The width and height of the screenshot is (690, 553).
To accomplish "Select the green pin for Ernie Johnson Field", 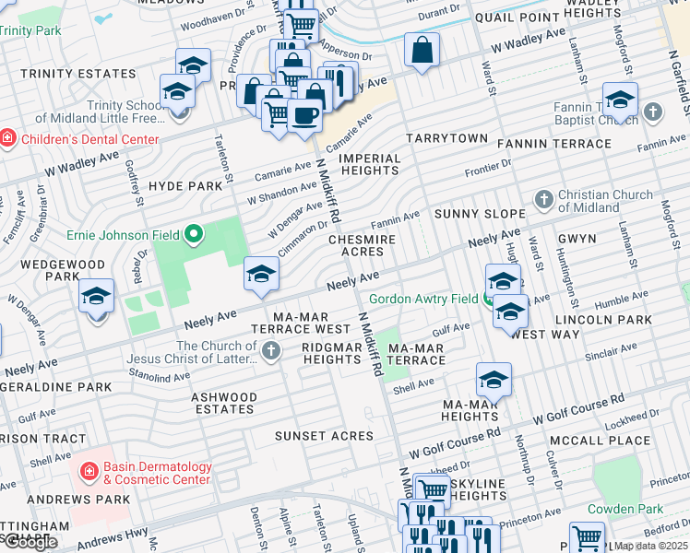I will tap(193, 235).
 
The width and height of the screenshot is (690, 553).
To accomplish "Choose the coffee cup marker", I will tap(303, 115).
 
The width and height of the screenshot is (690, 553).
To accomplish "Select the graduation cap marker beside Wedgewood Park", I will tap(96, 297).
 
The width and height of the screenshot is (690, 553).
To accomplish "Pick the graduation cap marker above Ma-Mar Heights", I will tap(494, 380).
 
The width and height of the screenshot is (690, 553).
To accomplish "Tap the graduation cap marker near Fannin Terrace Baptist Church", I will tap(620, 100).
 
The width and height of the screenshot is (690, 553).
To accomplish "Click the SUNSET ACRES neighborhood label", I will tap(324, 435).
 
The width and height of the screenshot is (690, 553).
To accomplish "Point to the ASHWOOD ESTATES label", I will tap(224, 403).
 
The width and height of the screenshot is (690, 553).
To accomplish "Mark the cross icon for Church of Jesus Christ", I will tap(270, 350).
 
